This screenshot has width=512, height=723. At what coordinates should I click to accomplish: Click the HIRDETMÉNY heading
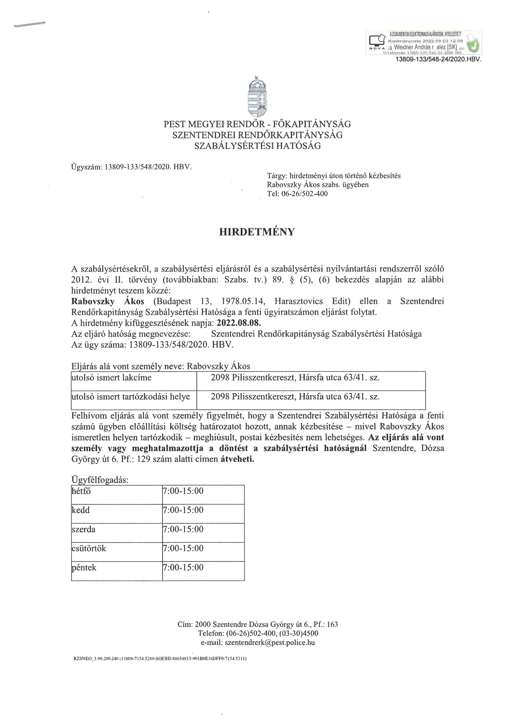click(257, 232)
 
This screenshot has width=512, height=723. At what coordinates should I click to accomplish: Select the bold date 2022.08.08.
click(239, 323)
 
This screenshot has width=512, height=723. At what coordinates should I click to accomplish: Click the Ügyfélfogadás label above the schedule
click(100, 480)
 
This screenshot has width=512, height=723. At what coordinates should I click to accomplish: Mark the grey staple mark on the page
click(29, 25)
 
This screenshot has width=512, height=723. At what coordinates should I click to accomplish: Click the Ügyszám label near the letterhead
click(87, 167)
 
